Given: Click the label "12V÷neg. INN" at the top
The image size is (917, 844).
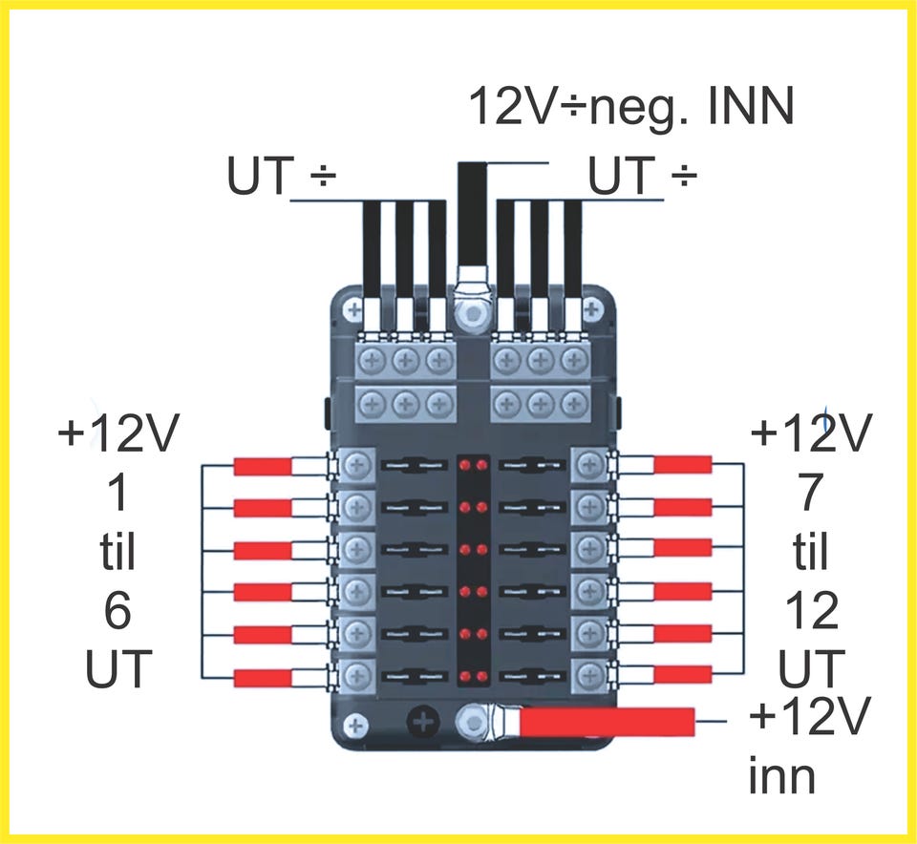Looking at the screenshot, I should tap(630, 108).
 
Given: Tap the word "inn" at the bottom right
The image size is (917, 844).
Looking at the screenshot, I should tap(781, 777).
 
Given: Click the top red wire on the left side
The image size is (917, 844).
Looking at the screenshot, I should tap(263, 466).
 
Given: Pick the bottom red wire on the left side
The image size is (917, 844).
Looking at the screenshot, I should tap(263, 677).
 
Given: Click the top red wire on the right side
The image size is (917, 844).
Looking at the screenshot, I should tap(682, 465).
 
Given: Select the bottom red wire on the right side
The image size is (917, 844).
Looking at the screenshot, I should tap(682, 675).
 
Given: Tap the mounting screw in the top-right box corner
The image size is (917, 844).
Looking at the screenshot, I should tap(593, 308).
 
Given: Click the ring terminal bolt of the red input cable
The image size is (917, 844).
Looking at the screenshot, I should tap(472, 721).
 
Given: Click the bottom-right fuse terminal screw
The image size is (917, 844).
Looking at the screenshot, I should tap(589, 674).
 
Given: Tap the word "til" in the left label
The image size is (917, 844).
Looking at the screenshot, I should tap(117, 551).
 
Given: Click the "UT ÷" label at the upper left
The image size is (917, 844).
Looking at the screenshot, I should tap(283, 177).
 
